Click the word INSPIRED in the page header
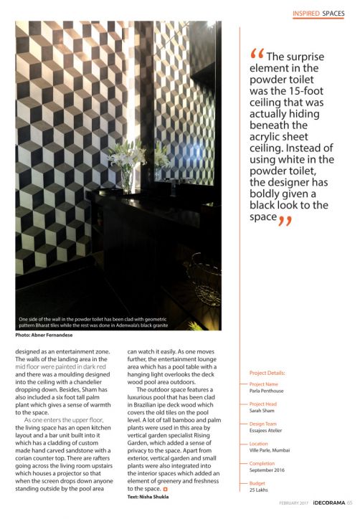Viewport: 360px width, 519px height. [x=305, y=13]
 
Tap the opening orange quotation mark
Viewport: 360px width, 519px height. [x=256, y=55]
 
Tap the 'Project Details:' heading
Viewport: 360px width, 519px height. [x=267, y=373]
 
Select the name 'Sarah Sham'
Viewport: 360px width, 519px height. [x=263, y=411]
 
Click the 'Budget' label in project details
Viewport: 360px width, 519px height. [x=258, y=484]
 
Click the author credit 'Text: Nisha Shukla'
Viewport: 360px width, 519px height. [x=151, y=496]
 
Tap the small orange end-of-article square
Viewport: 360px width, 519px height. [x=166, y=489]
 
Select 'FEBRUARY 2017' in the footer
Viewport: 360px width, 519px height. [x=295, y=511]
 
